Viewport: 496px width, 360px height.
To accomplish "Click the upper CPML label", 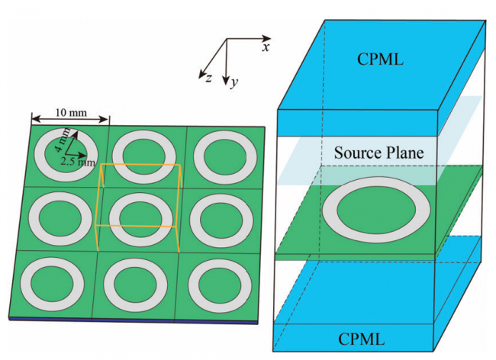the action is (380, 59).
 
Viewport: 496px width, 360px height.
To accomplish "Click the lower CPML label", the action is (362, 339).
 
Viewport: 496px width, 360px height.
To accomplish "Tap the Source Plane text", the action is (379, 153).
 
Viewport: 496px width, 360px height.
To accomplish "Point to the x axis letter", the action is (266, 47).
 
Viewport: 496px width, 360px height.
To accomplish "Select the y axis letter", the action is (234, 83).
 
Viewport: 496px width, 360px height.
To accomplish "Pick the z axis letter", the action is (208, 78).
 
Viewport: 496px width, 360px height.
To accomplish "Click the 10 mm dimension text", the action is (71, 113).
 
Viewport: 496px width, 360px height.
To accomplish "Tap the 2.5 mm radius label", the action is (78, 162).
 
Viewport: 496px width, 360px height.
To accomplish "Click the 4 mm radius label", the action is (63, 140).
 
